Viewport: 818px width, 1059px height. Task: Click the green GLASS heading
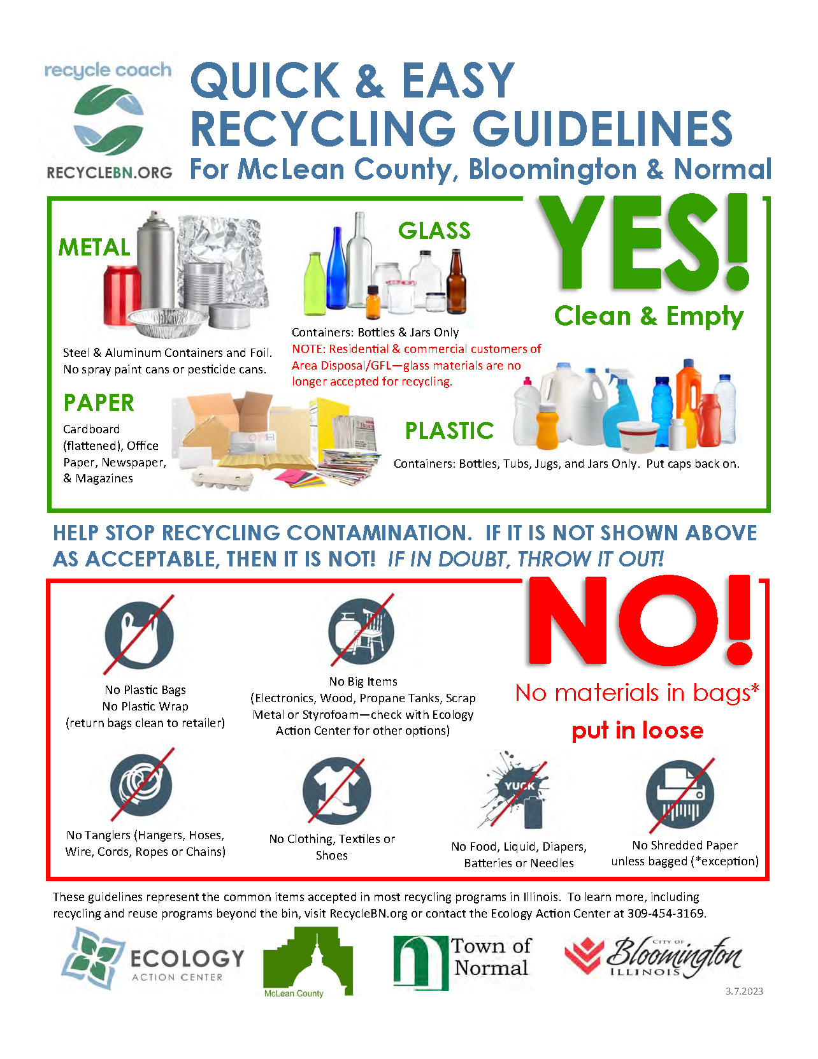434,231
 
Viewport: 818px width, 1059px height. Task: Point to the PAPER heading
99,403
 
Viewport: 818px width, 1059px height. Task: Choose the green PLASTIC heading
449,431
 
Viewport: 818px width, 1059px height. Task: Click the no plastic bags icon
140,635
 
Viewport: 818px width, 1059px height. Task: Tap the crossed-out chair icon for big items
361,631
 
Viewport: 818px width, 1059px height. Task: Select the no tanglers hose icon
141,785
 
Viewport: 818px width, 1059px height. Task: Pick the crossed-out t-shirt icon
336,791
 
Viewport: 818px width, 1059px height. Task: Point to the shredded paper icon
679,794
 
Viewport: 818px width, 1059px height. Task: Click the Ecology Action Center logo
152,960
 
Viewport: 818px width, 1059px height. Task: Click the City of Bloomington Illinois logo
653,957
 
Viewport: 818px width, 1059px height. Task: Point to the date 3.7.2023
743,991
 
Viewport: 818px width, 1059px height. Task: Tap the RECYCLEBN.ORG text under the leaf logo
110,173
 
